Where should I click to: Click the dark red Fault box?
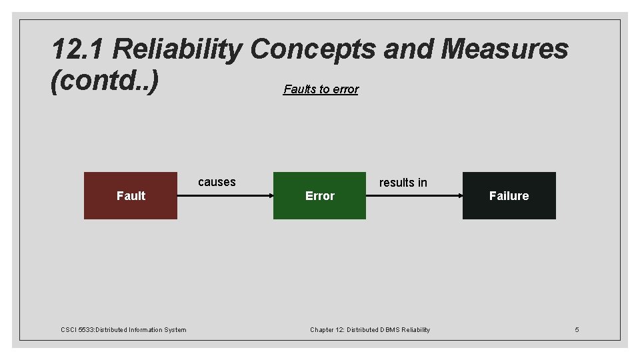click(131, 195)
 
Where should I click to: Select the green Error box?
click(319, 195)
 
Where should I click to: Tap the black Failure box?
click(509, 195)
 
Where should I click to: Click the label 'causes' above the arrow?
click(217, 182)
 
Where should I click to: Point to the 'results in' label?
click(403, 183)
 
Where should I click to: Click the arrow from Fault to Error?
click(225, 195)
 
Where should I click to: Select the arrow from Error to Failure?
click(414, 195)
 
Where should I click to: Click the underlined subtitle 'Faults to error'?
click(321, 89)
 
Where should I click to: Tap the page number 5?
click(577, 329)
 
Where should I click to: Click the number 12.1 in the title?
click(78, 49)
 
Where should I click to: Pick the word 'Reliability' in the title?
click(178, 49)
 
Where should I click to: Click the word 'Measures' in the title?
click(505, 49)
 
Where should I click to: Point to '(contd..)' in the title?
click(105, 82)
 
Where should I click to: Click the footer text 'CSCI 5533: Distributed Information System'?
click(123, 329)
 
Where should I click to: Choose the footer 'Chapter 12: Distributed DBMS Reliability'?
click(370, 329)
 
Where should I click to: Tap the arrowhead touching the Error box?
click(270, 195)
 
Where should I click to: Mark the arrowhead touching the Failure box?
click(459, 195)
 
